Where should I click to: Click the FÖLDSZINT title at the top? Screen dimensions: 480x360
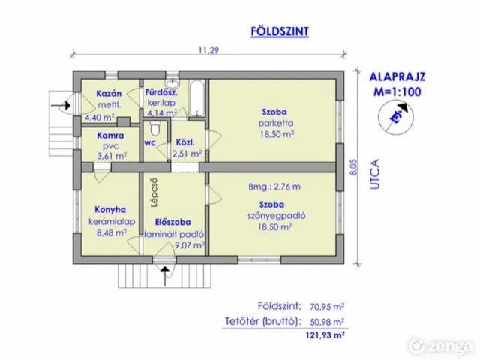280,31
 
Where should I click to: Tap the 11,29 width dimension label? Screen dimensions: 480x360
208,50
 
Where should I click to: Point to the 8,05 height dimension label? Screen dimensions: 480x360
353,167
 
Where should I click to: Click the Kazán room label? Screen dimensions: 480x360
109,93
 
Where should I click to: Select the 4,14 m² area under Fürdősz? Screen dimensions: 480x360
162,112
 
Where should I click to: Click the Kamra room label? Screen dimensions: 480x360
110,136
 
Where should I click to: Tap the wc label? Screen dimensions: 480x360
150,143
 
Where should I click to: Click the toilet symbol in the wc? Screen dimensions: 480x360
155,128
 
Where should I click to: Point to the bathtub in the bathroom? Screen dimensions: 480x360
196,98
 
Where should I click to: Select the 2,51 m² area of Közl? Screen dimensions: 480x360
187,153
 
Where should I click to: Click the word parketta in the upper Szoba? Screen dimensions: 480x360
276,123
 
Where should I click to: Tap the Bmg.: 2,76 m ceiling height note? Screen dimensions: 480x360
274,187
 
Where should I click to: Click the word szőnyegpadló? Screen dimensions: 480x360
277,216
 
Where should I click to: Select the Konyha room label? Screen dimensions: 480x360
110,210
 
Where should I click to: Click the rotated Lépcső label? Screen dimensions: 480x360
154,193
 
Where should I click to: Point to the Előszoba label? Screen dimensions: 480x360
172,222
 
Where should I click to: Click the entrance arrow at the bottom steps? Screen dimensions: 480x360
165,276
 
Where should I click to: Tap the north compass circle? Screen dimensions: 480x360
396,118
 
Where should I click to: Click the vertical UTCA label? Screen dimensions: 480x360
375,174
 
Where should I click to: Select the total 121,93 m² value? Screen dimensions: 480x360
325,335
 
